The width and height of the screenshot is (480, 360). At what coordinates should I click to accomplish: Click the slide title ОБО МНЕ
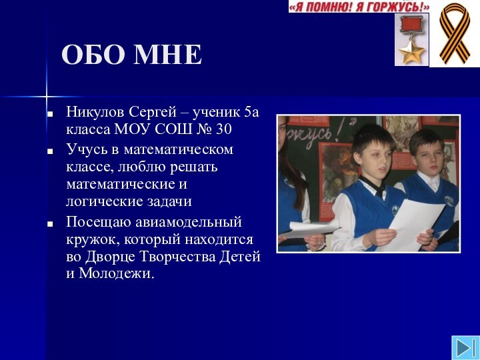pyautogui.click(x=131, y=55)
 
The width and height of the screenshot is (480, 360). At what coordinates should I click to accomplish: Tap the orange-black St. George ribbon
pyautogui.click(x=453, y=33)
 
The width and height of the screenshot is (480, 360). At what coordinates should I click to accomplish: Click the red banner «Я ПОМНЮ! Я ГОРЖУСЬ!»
pyautogui.click(x=359, y=7)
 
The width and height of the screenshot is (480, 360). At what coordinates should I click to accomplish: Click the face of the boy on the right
pyautogui.click(x=427, y=153)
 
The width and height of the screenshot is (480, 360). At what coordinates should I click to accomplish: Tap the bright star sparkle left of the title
pyautogui.click(x=47, y=93)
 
